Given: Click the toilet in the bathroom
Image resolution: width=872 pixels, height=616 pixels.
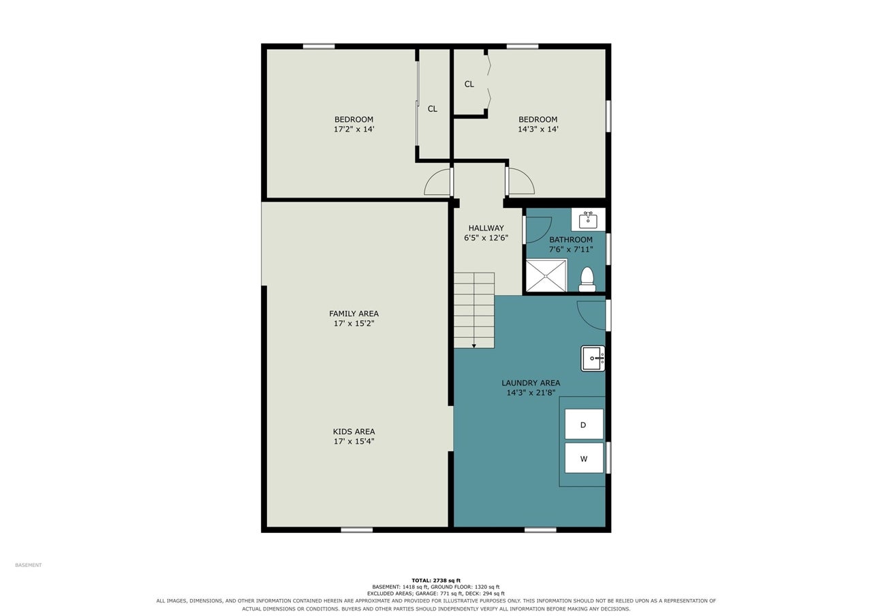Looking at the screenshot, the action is click(x=587, y=279).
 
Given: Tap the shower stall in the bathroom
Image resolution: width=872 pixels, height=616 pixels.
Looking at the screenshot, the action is click(x=546, y=276).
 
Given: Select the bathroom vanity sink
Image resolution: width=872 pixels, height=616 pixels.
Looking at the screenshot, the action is click(x=588, y=219).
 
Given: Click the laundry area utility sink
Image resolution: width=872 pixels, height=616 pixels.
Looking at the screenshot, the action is click(x=593, y=358).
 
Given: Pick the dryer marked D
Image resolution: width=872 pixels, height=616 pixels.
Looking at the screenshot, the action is click(x=584, y=424).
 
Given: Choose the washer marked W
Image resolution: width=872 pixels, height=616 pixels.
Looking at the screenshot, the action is click(x=584, y=458).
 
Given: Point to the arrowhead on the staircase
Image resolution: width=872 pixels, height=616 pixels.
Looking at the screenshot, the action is click(x=473, y=345).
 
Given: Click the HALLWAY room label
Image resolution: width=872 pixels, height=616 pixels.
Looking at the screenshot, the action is click(x=486, y=228).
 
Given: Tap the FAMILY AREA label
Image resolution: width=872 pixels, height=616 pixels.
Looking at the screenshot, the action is click(x=354, y=313).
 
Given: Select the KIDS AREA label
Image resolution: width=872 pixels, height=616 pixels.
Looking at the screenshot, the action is click(x=354, y=431).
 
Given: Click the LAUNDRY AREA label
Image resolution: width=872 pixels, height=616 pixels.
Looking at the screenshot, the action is click(x=531, y=383).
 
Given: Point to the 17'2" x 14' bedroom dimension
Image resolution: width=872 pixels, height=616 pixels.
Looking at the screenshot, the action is click(x=354, y=129).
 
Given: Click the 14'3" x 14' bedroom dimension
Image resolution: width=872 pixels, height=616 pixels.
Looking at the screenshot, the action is click(x=538, y=129).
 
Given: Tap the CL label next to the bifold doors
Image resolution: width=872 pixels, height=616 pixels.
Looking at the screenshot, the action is click(x=469, y=84).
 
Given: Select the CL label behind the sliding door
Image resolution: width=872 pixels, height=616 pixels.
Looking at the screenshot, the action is click(x=432, y=109).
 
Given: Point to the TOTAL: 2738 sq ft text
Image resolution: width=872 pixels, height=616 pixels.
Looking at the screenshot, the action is click(x=436, y=581).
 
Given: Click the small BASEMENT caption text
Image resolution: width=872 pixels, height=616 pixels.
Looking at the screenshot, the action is click(x=28, y=565).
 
